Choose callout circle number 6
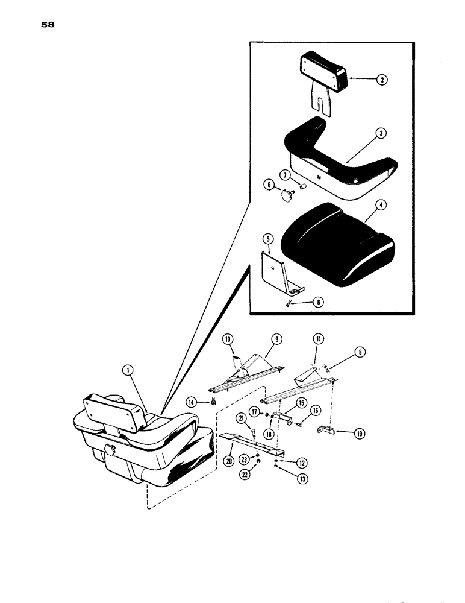click(x=266, y=186)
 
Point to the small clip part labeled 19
click(x=326, y=430)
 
